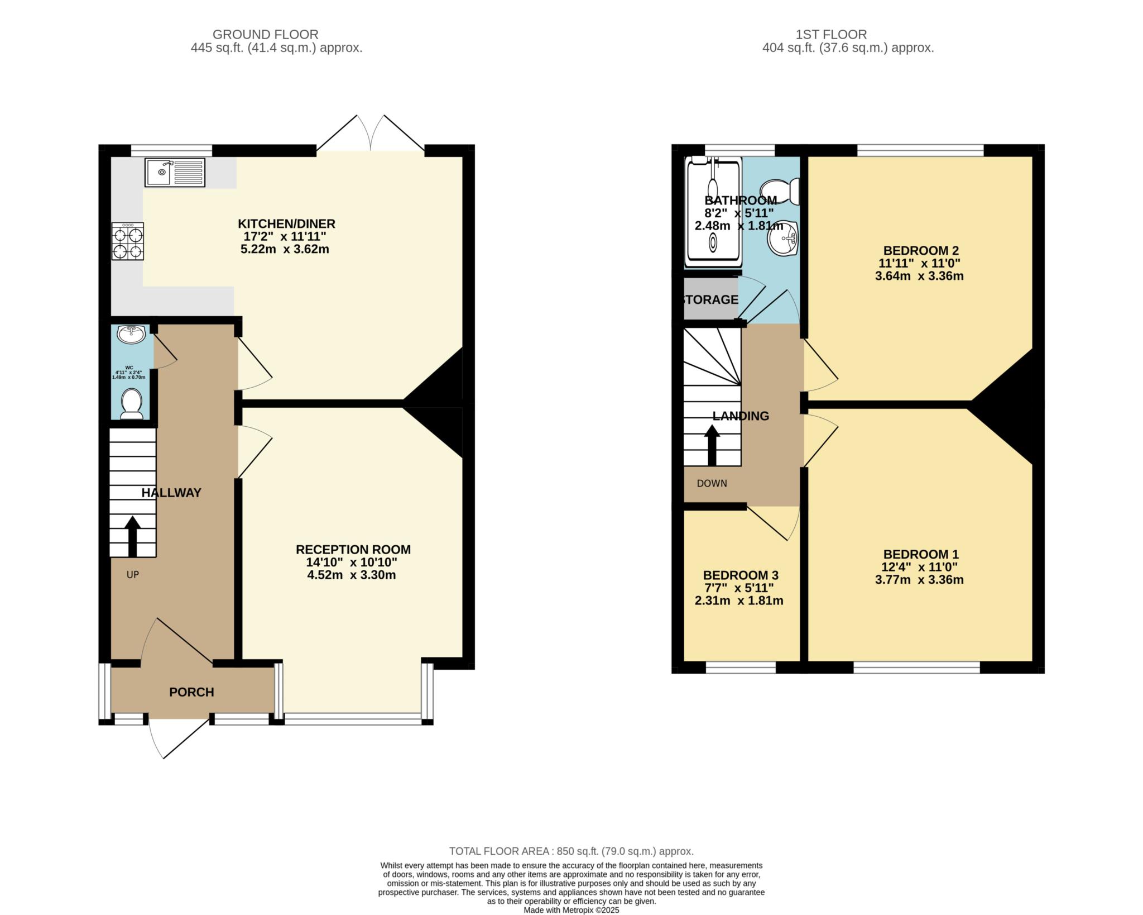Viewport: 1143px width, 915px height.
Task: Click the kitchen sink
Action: pyautogui.click(x=175, y=172)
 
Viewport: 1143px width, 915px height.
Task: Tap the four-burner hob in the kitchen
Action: pyautogui.click(x=128, y=241)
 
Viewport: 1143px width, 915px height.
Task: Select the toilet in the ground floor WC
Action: pyautogui.click(x=132, y=404)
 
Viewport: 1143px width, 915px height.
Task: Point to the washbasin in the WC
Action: pyautogui.click(x=131, y=335)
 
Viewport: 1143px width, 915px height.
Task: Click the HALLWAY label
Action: pyautogui.click(x=171, y=493)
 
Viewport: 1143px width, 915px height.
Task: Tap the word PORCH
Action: pyautogui.click(x=191, y=692)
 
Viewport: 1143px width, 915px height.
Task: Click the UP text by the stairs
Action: pyautogui.click(x=132, y=574)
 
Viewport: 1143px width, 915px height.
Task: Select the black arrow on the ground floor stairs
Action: pyautogui.click(x=132, y=536)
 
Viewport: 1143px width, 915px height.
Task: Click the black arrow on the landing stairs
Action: pyautogui.click(x=712, y=446)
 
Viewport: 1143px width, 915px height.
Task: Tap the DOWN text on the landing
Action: pyautogui.click(x=712, y=483)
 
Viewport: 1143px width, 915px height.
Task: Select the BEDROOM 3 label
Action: pyautogui.click(x=741, y=575)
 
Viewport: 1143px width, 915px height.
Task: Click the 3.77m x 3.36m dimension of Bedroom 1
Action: pyautogui.click(x=919, y=579)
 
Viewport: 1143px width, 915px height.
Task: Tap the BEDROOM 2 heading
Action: pyautogui.click(x=921, y=250)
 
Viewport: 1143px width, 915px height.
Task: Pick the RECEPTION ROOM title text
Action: pyautogui.click(x=353, y=550)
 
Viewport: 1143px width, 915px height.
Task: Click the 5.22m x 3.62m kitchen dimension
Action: pyautogui.click(x=285, y=249)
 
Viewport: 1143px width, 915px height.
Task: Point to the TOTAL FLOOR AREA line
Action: pyautogui.click(x=571, y=851)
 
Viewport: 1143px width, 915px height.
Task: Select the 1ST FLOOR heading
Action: pyautogui.click(x=848, y=35)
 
